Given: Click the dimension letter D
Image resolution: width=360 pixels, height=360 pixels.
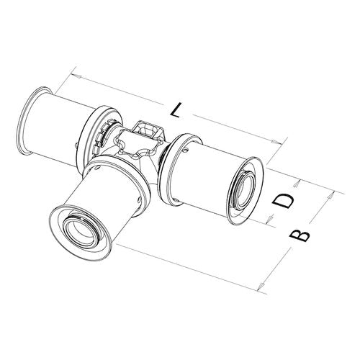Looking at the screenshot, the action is pos(284,201).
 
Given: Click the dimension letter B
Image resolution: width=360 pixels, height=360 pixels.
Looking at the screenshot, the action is pos(300,235).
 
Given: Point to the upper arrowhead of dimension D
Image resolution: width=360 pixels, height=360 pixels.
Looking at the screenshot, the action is pos(297,184).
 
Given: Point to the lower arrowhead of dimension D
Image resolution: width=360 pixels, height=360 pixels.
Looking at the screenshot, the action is pos(271,218).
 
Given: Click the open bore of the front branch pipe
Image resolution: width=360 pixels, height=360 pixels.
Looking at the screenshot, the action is pos(79,233).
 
